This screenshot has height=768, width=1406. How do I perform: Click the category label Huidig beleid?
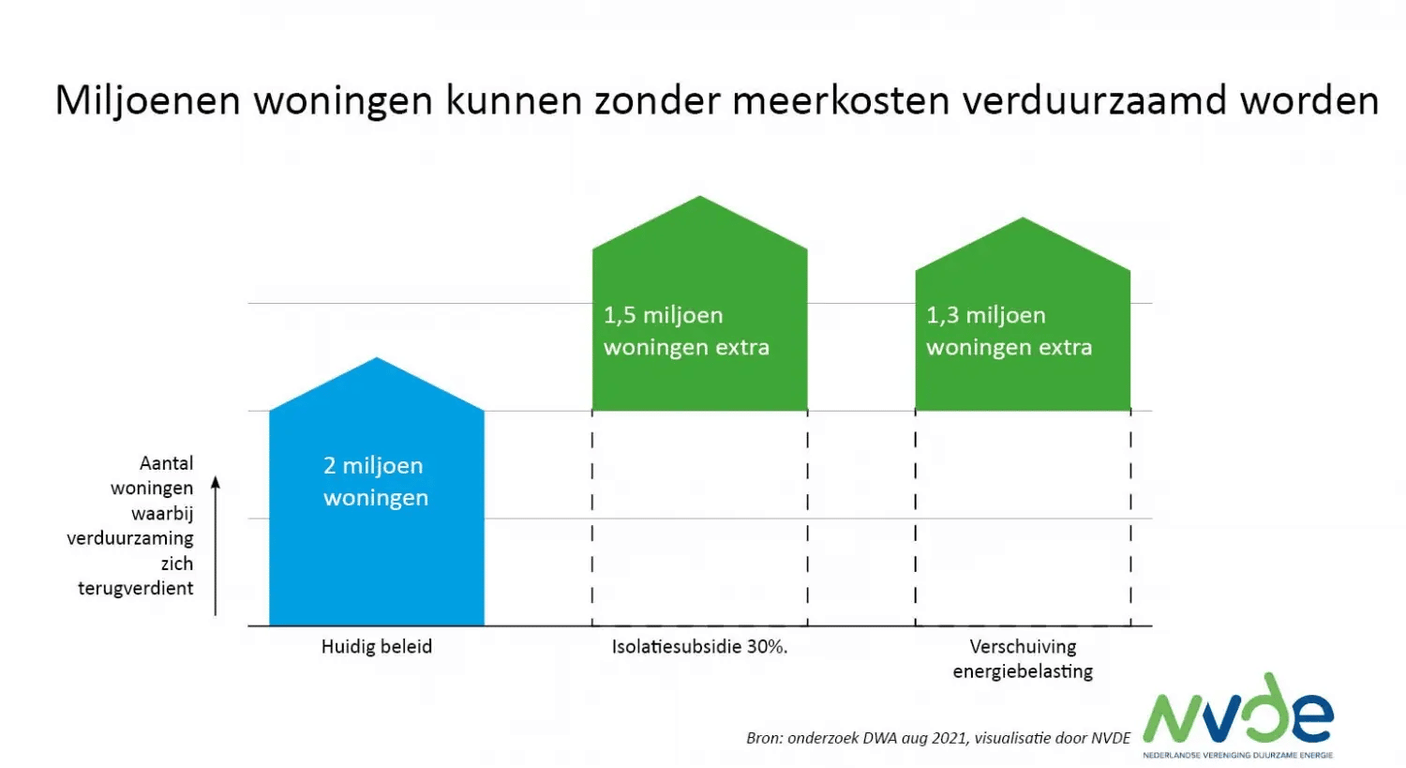[x=376, y=646]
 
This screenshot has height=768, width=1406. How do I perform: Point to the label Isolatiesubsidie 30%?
[x=699, y=646]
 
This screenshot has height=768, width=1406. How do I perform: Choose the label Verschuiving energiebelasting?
[x=1023, y=658]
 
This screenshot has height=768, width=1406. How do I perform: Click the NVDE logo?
[x=1237, y=715]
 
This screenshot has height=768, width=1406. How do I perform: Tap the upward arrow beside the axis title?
[x=216, y=544]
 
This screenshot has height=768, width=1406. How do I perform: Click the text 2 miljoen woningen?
[x=375, y=481]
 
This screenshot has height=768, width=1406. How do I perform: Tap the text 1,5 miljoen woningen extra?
[x=686, y=331]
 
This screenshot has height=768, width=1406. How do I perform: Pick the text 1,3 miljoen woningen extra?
[x=1009, y=331]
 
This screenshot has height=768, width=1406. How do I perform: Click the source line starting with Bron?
[x=938, y=738]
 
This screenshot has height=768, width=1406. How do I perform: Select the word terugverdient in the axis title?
[x=136, y=588]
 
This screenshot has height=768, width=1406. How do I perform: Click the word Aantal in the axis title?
[x=166, y=463]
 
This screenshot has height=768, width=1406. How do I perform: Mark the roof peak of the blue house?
[x=377, y=360]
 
